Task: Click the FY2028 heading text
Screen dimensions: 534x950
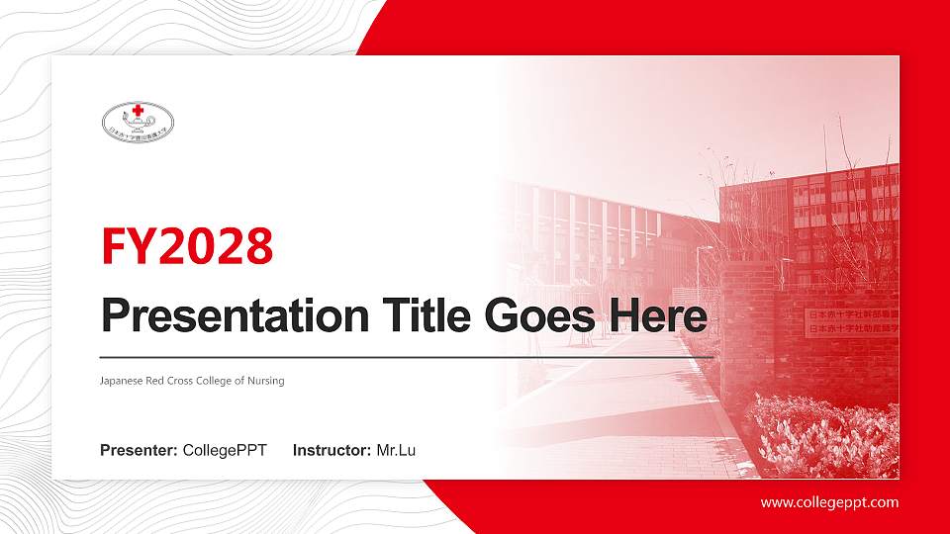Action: click(x=187, y=247)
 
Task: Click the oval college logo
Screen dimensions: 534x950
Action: click(x=138, y=122)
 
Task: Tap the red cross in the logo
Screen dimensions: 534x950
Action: click(x=137, y=110)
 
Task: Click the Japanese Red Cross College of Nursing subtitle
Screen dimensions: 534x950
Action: click(x=192, y=381)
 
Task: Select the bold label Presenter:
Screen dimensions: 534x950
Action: click(x=139, y=451)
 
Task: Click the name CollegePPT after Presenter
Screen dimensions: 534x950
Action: click(x=225, y=451)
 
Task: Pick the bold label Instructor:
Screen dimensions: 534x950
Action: click(x=332, y=451)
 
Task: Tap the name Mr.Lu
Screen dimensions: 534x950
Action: click(x=396, y=451)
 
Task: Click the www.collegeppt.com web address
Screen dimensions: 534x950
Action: click(x=829, y=502)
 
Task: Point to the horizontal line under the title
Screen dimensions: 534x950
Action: click(x=406, y=356)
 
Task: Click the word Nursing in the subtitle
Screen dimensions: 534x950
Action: click(x=266, y=381)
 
